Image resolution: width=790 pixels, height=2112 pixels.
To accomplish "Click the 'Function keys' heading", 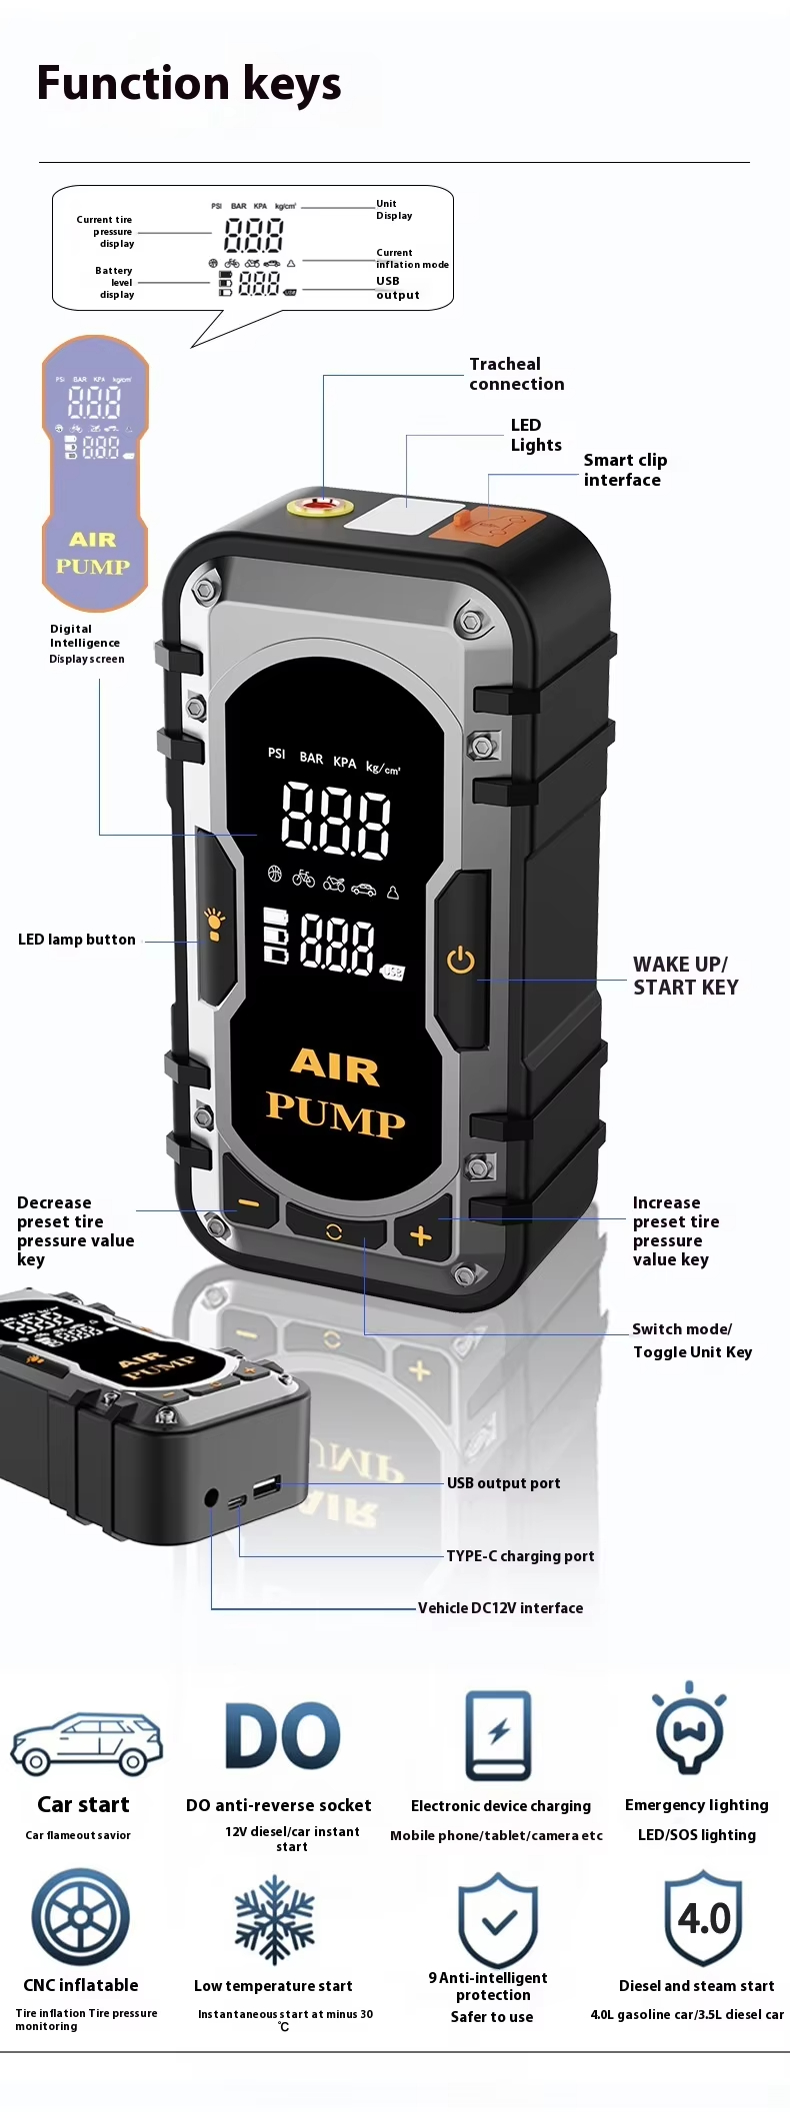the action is pos(189,84).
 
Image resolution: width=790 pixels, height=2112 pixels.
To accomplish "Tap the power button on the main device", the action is pos(460,961).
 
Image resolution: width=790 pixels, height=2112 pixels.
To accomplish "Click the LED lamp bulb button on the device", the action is pos(214,925).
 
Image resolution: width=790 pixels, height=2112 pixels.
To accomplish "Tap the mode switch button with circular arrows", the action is pos(335,1232).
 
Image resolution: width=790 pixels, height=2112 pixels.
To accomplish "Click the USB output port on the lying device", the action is pos(267,1487).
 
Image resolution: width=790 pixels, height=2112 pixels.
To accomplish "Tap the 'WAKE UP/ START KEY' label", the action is pos(686,976).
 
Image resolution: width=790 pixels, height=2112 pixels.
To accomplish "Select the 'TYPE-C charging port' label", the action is pos(520,1556).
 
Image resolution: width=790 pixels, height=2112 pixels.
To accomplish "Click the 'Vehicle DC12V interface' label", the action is pos(500,1608).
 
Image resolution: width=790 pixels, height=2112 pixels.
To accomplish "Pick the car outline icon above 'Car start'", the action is pos(86,1744).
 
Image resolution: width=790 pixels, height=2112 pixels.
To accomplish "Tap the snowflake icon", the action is pos(274,1920).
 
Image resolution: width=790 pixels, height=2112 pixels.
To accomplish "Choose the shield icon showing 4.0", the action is pos(704,1918).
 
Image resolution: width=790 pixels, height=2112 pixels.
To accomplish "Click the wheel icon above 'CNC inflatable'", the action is pos(80,1917).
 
